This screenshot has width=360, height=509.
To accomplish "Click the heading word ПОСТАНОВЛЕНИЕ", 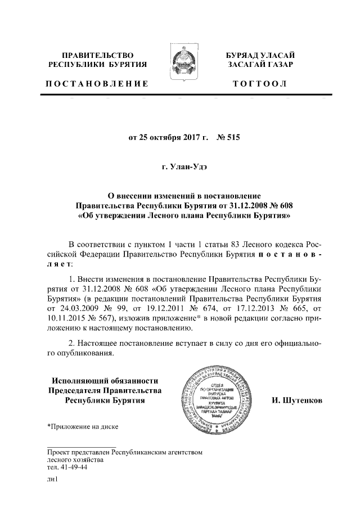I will (x=97, y=84).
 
